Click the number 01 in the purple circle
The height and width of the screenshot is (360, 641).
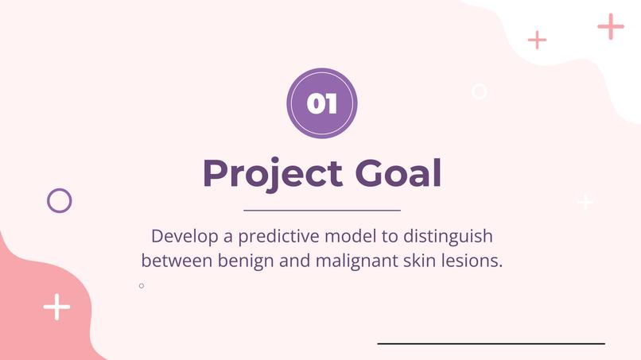pos(322,104)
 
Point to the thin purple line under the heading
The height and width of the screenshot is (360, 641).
pos(321,211)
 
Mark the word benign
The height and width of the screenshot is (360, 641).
pos(243,261)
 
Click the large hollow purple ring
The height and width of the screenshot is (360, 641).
pos(60,200)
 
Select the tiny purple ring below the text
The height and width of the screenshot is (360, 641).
pos(142,285)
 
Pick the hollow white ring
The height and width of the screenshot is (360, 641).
pos(479,91)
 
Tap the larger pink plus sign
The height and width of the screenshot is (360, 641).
pos(611,26)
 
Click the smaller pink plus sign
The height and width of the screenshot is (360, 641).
pos(538,39)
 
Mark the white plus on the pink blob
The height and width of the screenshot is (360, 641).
pos(56,307)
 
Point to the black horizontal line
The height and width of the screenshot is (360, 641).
pos(491,343)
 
